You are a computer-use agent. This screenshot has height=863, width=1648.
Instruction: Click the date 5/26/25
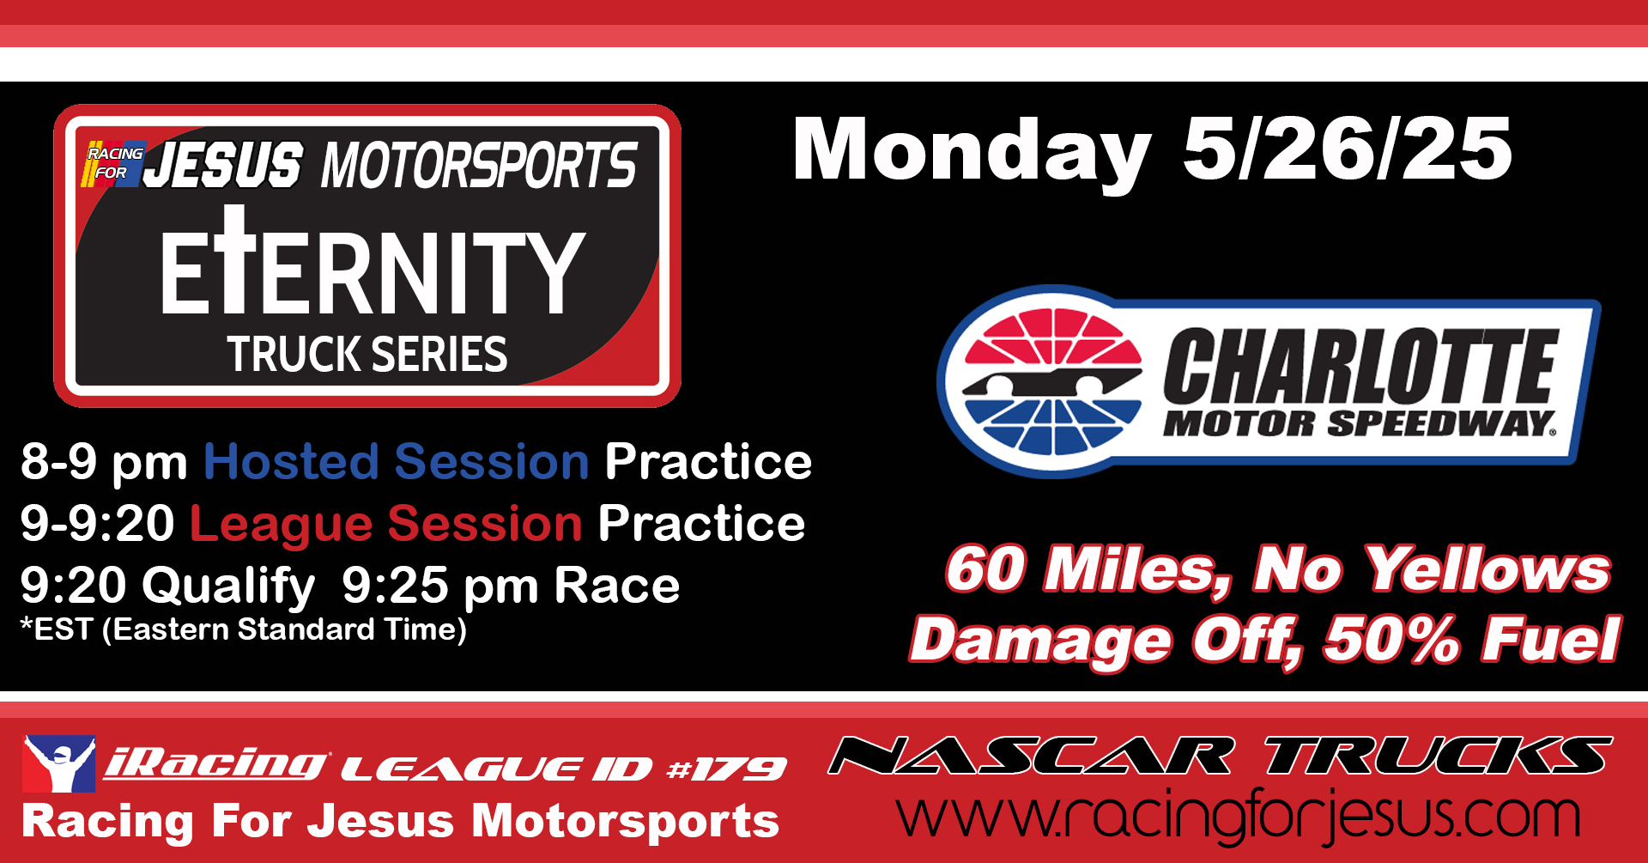pyautogui.click(x=1347, y=149)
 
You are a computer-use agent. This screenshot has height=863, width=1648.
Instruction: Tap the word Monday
pyautogui.click(x=971, y=153)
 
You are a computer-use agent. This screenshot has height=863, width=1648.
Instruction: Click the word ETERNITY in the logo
pyautogui.click(x=373, y=263)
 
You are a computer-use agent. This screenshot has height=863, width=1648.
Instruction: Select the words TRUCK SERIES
pyautogui.click(x=367, y=354)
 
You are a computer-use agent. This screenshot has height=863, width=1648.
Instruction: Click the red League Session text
pyautogui.click(x=386, y=524)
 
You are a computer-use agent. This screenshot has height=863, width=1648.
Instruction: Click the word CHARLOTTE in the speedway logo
pyautogui.click(x=1360, y=367)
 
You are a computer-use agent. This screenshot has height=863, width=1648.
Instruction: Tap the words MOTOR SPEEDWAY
pyautogui.click(x=1359, y=423)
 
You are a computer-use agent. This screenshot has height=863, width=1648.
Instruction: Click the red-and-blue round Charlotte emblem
pyautogui.click(x=1051, y=380)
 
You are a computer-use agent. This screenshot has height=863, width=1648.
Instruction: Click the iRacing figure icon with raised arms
pyautogui.click(x=58, y=763)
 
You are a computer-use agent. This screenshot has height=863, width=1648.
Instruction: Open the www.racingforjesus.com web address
pyautogui.click(x=1238, y=816)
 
